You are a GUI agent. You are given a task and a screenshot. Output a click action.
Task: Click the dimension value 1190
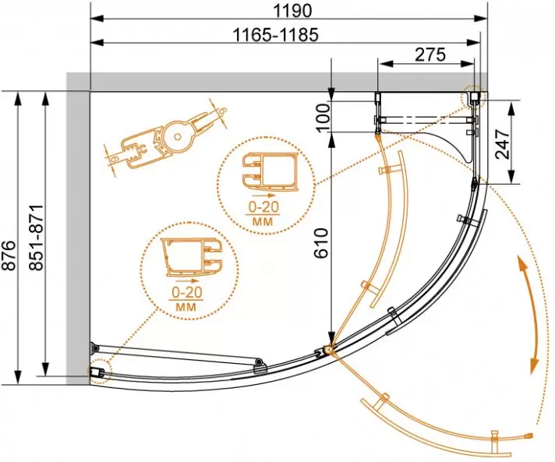pos(293,10)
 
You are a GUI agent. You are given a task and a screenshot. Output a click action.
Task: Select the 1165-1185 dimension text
pos(276,34)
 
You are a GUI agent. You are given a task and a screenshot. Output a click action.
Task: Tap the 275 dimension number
pos(430,55)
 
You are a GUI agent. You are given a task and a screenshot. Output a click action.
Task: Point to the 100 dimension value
pos(323,118)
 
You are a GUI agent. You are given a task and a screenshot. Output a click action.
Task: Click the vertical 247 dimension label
pos(502,144)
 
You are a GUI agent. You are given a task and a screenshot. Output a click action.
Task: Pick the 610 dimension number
pos(322,243)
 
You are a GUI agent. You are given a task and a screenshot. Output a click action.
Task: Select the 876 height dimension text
pos(9,256)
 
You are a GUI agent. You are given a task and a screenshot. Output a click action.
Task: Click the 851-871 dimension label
pos(36,238)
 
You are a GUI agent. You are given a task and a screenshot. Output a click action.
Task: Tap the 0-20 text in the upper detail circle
pos(263,206)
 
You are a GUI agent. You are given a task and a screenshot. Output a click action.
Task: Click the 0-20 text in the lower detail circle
pos(186,292)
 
